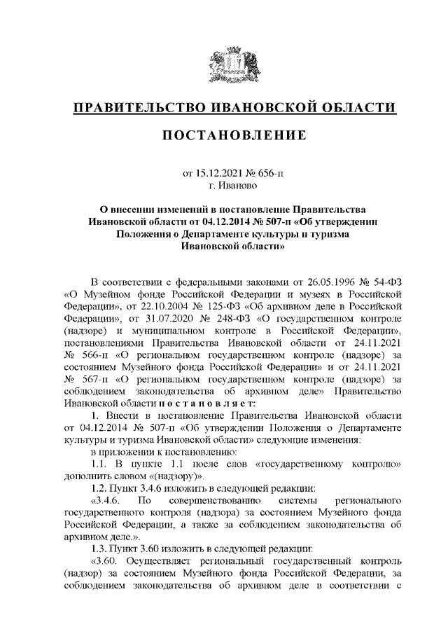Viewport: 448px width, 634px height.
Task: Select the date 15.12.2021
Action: pyautogui.click(x=217, y=172)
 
